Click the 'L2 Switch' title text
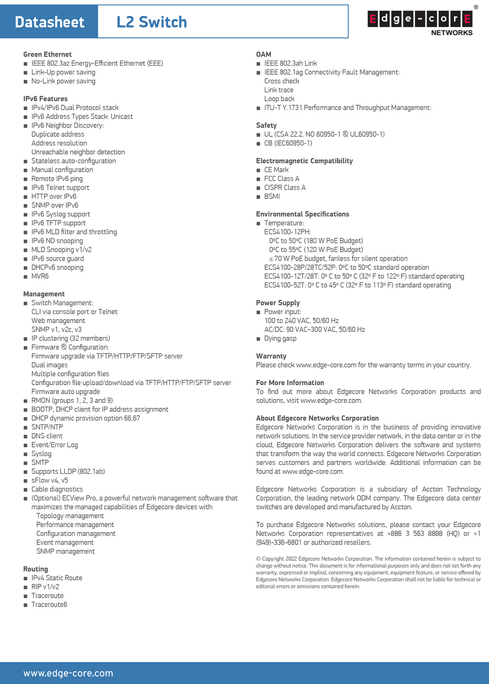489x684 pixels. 152,22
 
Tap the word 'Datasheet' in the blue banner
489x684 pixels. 49,22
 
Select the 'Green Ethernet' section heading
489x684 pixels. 47,54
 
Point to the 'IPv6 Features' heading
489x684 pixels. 45,99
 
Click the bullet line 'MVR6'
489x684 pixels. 40,276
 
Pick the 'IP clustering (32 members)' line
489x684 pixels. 70,338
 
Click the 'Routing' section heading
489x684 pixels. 36,569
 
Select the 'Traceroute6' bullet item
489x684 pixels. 49,605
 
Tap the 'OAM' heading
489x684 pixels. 264,54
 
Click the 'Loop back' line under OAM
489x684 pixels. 279,99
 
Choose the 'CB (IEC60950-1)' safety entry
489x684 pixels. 288,143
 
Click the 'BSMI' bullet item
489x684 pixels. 272,197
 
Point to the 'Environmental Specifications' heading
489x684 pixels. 303,214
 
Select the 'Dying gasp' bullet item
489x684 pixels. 280,338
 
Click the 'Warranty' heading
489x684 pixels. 271,356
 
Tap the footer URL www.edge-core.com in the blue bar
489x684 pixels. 68,673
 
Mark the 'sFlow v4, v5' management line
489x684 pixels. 50,481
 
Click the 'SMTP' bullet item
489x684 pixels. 40,463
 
